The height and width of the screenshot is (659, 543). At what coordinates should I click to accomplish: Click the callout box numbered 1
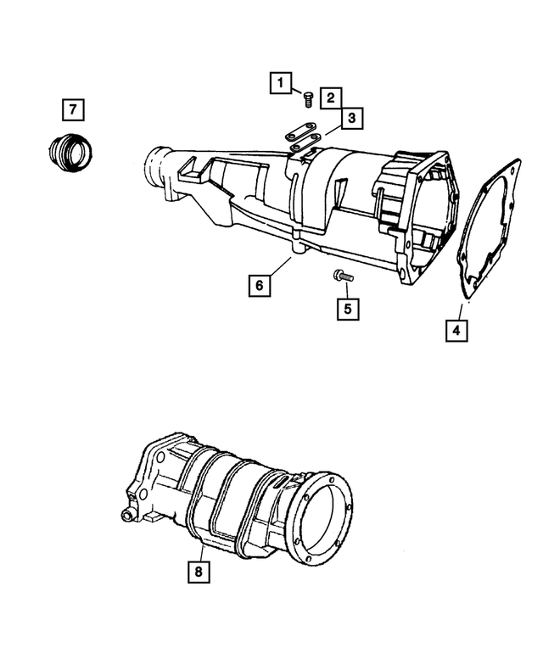[280, 83]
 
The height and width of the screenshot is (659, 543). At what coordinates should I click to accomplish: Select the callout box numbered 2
[331, 98]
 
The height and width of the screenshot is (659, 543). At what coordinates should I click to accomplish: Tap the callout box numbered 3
[352, 118]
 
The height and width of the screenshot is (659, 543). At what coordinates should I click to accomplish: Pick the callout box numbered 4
[456, 330]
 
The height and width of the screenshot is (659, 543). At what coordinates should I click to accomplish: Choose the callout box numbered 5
[348, 309]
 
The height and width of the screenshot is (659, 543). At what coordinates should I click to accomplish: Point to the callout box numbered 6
[260, 285]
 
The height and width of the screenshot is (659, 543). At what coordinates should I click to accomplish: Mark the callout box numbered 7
[73, 109]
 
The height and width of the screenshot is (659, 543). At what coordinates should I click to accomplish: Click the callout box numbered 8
[199, 572]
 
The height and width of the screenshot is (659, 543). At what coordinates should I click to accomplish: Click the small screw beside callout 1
[308, 99]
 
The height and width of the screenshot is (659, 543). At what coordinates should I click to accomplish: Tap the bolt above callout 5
[344, 276]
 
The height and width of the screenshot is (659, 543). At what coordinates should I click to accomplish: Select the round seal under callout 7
[70, 153]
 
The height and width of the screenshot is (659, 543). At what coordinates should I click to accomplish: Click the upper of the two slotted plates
[301, 131]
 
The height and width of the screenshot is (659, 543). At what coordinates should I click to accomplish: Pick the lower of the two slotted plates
[305, 142]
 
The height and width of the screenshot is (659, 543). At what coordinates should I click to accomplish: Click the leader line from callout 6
[280, 266]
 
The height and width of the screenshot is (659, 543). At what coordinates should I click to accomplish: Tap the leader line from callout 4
[460, 312]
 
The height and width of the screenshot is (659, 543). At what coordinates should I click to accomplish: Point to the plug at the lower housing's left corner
[126, 515]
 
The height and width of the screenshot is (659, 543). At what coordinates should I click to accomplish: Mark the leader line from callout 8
[201, 553]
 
